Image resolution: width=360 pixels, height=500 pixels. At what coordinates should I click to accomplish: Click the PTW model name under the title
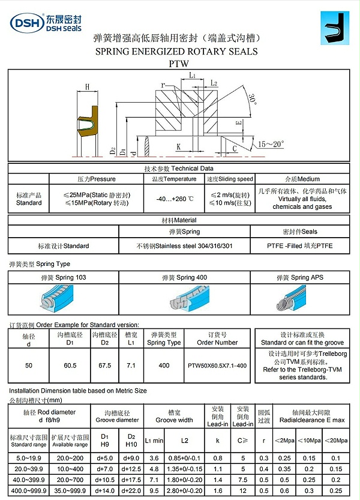click(179, 63)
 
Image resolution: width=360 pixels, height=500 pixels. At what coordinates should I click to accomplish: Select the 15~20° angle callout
click(271, 144)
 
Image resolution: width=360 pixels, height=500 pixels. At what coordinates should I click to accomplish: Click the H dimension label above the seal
click(87, 87)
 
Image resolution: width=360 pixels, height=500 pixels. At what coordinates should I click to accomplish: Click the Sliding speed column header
click(230, 179)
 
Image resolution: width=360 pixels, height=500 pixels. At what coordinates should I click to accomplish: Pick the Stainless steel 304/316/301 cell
click(184, 245)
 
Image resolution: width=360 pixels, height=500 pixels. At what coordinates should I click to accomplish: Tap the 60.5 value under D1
click(69, 365)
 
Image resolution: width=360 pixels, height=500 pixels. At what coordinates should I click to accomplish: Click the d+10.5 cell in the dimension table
click(105, 480)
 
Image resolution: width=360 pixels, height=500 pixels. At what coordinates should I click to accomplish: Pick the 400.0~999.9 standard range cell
click(28, 490)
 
